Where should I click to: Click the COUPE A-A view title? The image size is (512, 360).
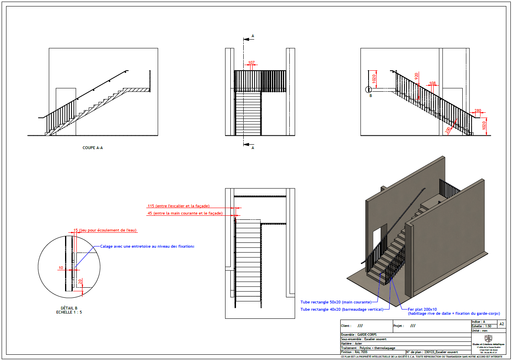click(x=93, y=148)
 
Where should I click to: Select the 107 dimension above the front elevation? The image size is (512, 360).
click(x=251, y=63)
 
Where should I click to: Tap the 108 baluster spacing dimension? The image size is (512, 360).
click(x=432, y=84)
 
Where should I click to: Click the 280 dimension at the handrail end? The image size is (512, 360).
click(x=478, y=110)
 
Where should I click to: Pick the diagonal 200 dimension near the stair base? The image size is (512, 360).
click(x=448, y=129)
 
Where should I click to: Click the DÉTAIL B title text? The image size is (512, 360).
click(x=69, y=308)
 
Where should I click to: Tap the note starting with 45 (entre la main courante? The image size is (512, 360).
click(x=185, y=213)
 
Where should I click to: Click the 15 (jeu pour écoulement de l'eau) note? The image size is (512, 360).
click(x=105, y=230)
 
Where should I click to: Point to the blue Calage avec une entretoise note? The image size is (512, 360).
click(x=147, y=246)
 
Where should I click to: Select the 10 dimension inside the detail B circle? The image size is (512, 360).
click(x=61, y=267)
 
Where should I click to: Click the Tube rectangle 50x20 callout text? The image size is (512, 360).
click(x=336, y=302)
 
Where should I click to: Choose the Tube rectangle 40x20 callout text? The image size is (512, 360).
click(x=341, y=309)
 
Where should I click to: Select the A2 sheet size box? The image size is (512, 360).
click(x=501, y=324)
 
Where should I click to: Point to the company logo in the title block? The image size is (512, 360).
click(x=488, y=338)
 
